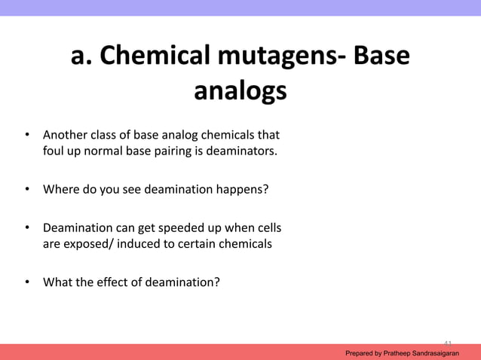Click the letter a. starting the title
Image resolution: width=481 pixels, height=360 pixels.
click(x=84, y=56)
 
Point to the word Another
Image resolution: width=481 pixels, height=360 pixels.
click(x=64, y=136)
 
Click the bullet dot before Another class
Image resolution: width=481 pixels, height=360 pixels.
click(x=27, y=136)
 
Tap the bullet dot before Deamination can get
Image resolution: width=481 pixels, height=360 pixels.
click(x=27, y=227)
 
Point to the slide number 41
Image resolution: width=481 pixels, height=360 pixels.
click(x=447, y=343)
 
